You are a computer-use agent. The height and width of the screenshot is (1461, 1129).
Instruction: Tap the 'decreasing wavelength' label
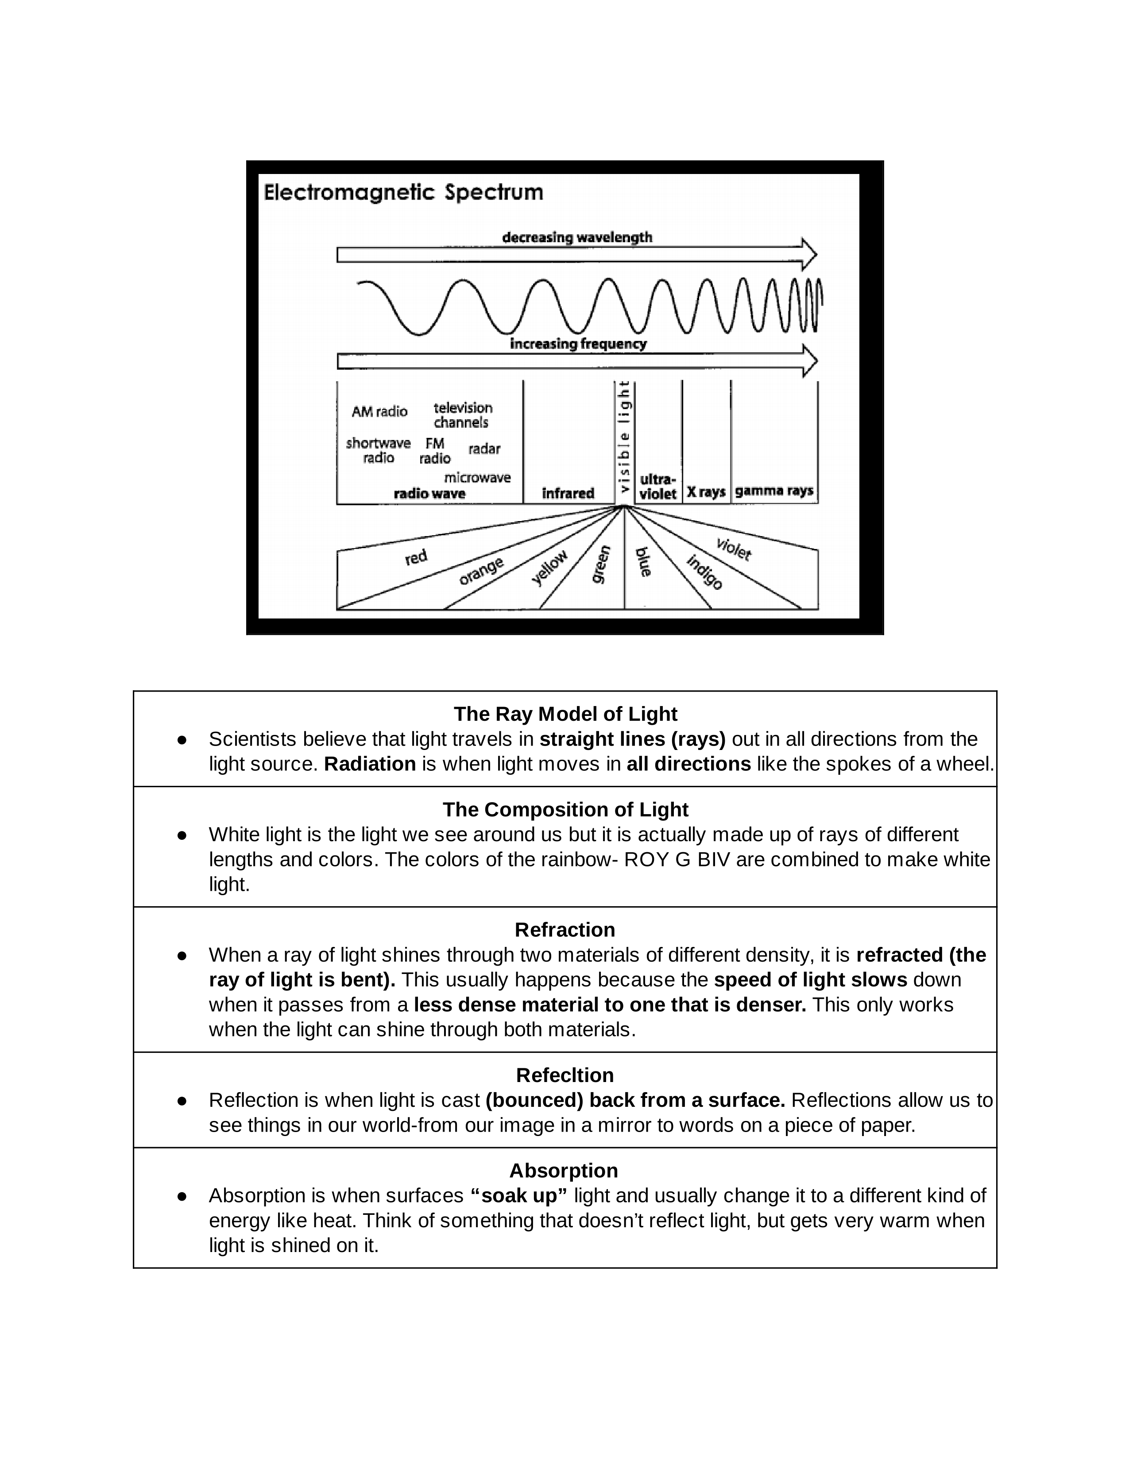coord(576,237)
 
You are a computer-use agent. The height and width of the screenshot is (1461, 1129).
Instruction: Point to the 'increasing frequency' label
coord(578,344)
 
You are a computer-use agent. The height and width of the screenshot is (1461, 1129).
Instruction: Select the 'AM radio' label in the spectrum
coord(379,411)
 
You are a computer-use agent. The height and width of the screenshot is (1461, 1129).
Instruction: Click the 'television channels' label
coord(462,415)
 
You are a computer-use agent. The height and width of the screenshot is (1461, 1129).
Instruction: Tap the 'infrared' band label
coord(568,493)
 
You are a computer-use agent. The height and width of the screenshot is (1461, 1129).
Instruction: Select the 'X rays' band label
coord(706,492)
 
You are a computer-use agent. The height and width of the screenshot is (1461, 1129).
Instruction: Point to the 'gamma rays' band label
coord(774,491)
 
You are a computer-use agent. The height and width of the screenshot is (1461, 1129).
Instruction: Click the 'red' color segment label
coord(416,557)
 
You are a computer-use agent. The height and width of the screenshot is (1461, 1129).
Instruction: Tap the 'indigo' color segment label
coord(704,572)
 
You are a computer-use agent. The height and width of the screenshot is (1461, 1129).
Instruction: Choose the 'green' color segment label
coord(601,564)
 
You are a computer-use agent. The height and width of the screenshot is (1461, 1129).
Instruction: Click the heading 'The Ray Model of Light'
coord(565,714)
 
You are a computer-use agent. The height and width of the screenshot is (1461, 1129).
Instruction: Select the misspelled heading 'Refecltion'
coord(564,1075)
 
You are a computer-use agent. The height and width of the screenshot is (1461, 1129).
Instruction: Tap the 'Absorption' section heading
coord(563,1171)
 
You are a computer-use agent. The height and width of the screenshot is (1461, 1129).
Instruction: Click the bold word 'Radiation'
coord(370,764)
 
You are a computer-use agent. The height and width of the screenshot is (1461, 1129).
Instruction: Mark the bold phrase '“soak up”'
coord(518,1195)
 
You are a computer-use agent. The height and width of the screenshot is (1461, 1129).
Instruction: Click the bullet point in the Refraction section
coord(181,955)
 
